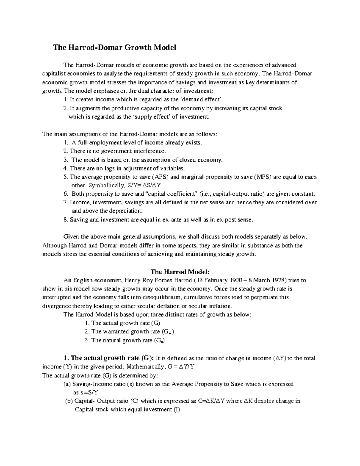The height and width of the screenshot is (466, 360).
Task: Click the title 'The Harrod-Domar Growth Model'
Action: coord(115,47)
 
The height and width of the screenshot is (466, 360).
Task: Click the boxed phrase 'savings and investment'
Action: coord(206,83)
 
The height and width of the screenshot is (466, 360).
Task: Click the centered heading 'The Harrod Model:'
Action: coord(180,272)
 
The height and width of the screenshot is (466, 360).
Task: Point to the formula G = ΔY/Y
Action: coord(179,367)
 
